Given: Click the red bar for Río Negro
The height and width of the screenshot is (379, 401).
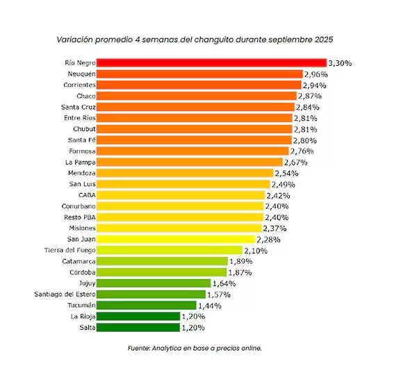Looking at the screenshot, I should [211, 62].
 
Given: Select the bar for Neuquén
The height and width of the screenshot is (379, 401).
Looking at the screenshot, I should [199, 74].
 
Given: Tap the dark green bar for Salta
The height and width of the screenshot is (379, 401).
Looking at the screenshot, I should [138, 327].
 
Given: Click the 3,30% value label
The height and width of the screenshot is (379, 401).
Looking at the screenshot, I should [340, 63].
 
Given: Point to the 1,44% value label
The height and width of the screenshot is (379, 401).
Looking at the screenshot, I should [210, 305].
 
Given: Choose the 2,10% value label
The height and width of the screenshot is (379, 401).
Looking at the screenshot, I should [256, 250].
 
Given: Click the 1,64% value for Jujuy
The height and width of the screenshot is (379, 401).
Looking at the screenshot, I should [224, 283].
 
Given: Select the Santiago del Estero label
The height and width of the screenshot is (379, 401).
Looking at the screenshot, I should [65, 294].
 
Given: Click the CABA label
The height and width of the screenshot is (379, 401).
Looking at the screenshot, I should [88, 195].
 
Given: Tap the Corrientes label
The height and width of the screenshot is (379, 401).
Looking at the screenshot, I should [79, 85].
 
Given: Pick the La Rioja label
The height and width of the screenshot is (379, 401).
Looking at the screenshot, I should [83, 317].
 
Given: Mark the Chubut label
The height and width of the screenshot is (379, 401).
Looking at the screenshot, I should [84, 128].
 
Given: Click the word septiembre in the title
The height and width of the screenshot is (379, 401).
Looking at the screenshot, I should [275, 40].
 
